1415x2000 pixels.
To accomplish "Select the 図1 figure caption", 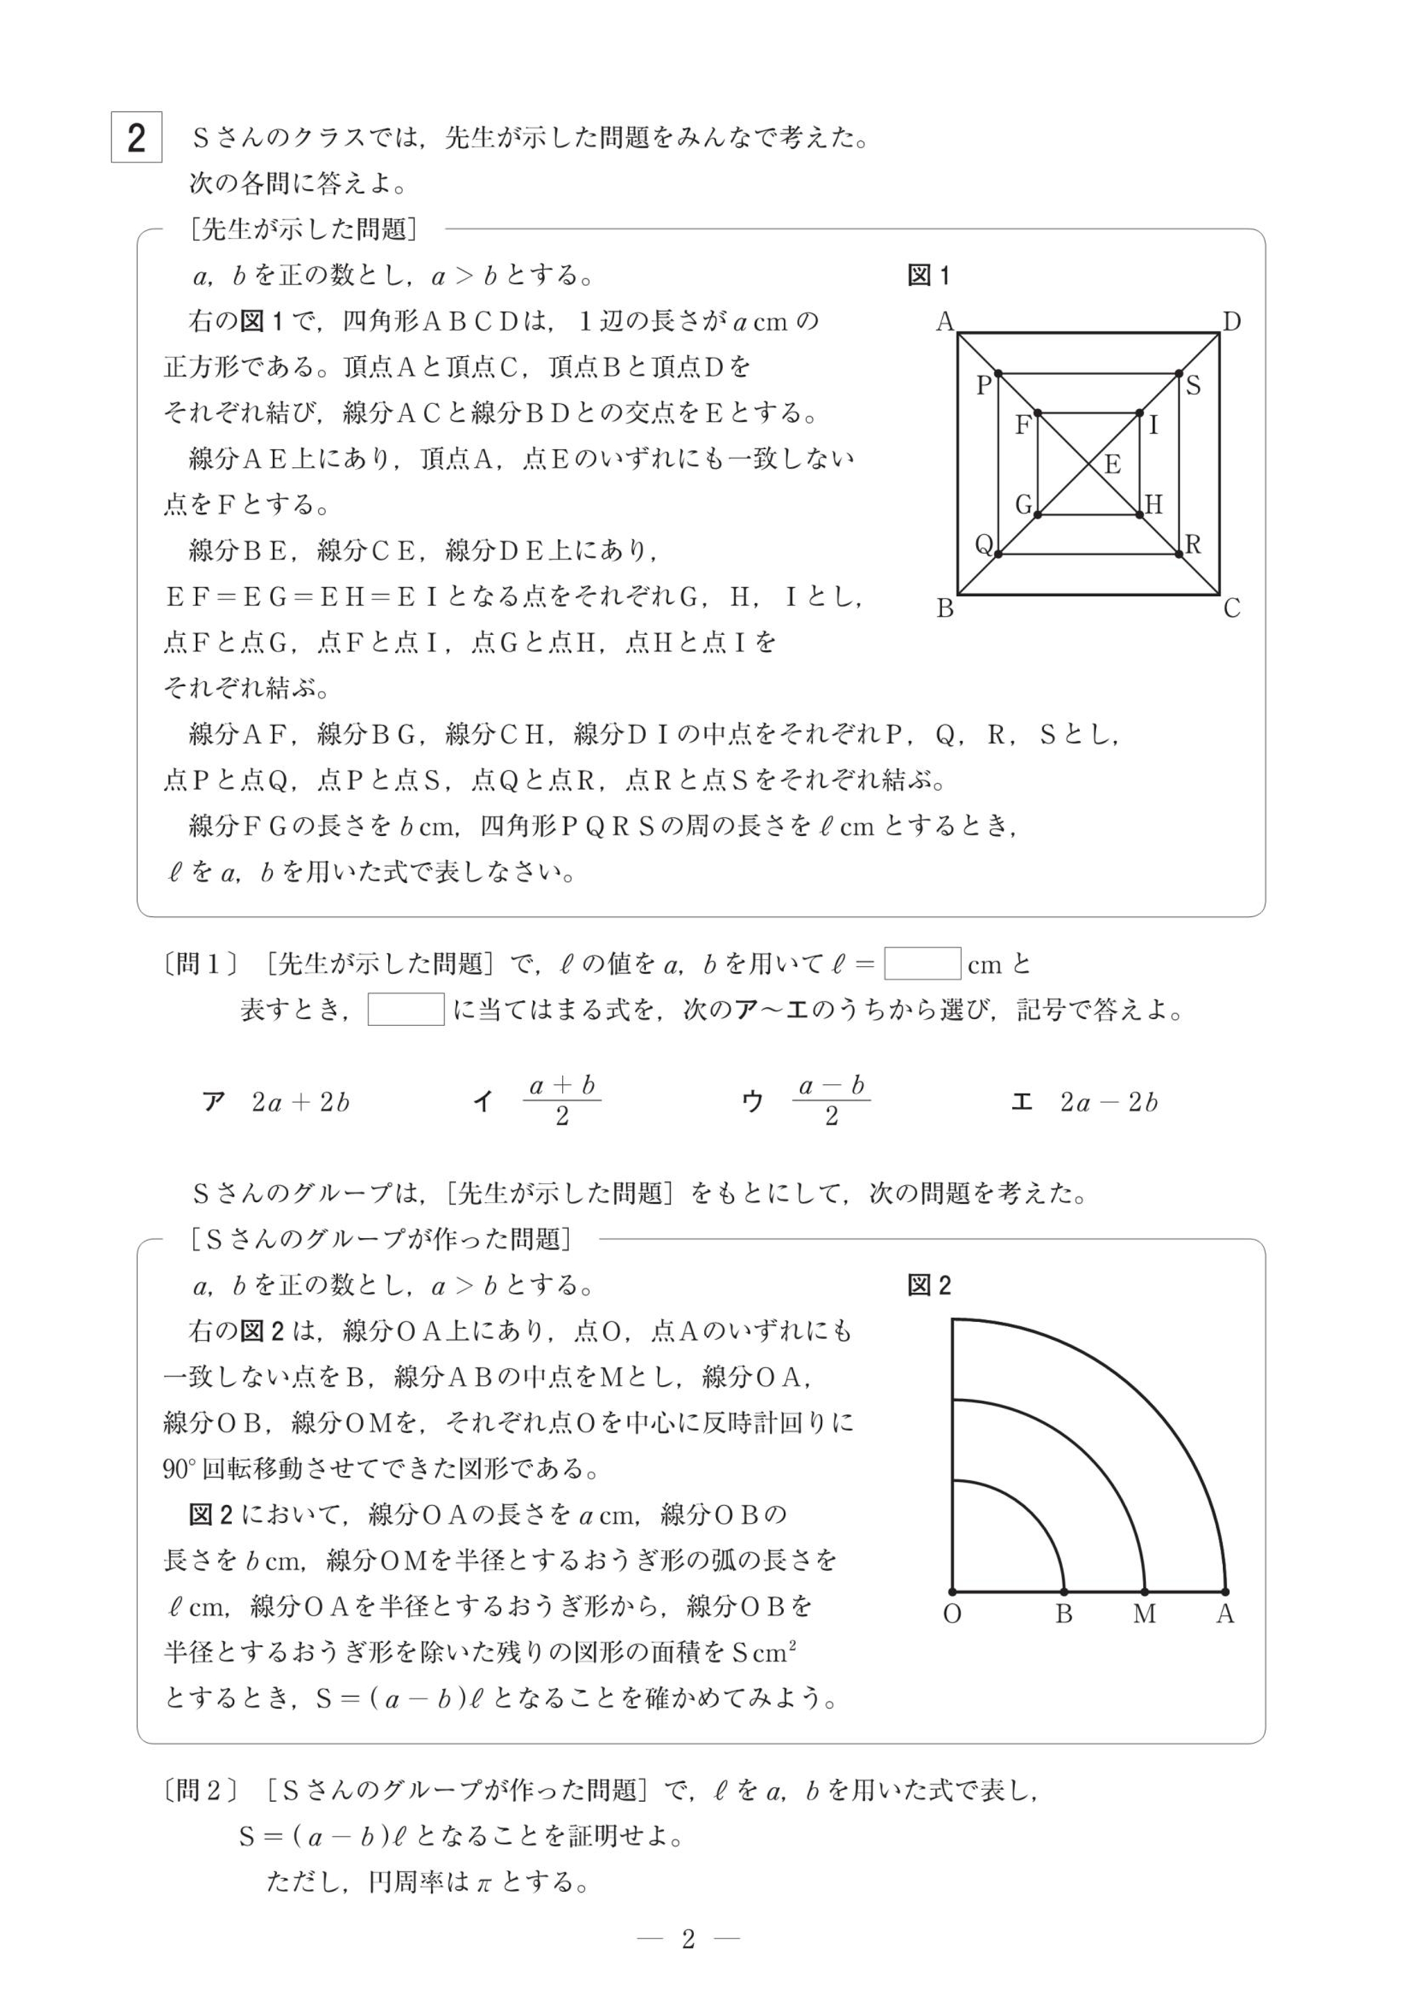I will coord(929,276).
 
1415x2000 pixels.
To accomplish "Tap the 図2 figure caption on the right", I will coord(929,1286).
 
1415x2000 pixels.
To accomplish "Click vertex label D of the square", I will coord(1231,322).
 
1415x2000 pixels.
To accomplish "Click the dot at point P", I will coord(999,373).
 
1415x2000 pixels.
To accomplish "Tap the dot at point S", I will coord(1179,373).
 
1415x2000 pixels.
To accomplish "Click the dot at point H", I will coord(1140,515).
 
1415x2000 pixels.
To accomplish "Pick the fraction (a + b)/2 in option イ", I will coord(562,1100).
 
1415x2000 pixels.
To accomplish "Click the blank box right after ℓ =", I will coord(923,964).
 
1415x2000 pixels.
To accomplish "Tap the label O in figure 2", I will coord(952,1614).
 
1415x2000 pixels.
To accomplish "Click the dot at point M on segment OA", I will coord(1145,1591).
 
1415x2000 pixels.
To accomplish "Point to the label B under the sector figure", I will coord(1064,1614).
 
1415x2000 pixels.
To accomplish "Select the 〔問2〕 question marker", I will coord(200,1791).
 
